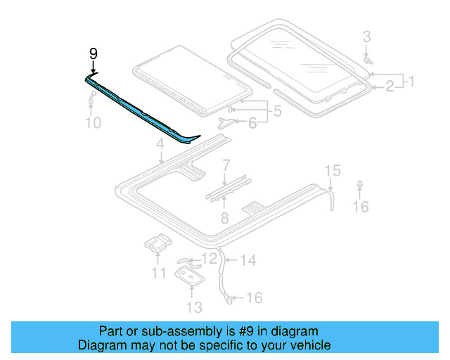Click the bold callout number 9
coord(94,53)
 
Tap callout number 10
coord(94,123)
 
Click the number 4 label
coord(160,144)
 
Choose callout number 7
coord(226,166)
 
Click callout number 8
coord(224,218)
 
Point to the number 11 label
coord(159,272)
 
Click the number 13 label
coord(194,307)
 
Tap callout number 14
coord(248,260)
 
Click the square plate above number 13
coord(191,278)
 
